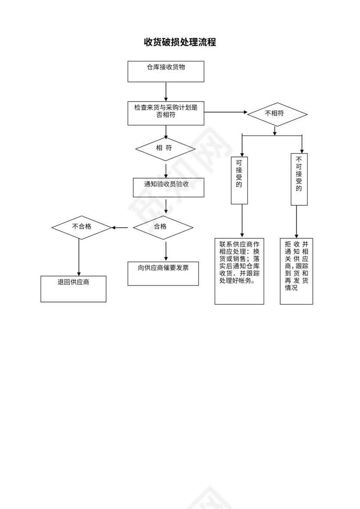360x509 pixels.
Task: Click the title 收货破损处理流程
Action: (x=180, y=42)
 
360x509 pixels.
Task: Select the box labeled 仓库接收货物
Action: (x=166, y=72)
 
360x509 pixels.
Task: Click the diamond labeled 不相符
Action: (x=277, y=114)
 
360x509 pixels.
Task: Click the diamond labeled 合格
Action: (x=163, y=227)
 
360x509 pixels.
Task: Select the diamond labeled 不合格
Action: (x=82, y=227)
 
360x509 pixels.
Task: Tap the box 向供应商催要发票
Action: (x=163, y=273)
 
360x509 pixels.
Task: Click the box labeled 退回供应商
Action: (x=73, y=289)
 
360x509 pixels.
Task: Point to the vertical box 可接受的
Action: (x=239, y=180)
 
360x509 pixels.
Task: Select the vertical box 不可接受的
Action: (x=299, y=179)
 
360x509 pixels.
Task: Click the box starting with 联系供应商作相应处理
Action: (x=239, y=271)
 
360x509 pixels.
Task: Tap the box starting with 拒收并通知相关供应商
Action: (x=296, y=271)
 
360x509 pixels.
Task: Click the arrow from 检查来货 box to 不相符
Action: (x=225, y=112)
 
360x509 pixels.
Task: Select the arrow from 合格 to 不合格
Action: (x=120, y=227)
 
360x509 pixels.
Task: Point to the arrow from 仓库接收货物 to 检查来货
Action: (x=166, y=91)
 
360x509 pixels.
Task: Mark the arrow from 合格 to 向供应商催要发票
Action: (x=166, y=251)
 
